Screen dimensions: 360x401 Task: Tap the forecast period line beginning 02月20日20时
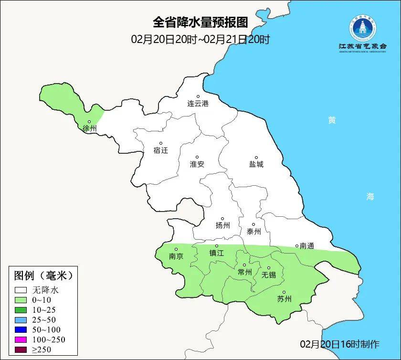point(200,39)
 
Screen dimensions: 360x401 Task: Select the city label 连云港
point(198,103)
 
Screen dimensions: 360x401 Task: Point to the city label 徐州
point(89,128)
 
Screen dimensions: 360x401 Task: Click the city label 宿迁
point(161,150)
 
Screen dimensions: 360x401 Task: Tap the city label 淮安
point(197,164)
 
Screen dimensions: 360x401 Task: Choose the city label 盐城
point(256,164)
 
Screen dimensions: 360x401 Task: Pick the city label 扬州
point(222,225)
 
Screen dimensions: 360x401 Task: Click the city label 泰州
point(254,232)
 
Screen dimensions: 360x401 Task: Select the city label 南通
point(306,246)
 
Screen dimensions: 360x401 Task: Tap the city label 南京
point(176,256)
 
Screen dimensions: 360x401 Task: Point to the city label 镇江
point(217,253)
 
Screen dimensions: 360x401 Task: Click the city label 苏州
point(284,299)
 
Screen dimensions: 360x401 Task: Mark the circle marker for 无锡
point(269,268)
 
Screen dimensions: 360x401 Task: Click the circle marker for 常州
point(244,265)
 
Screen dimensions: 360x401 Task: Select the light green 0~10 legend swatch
point(21,300)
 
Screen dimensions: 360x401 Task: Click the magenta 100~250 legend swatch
point(21,339)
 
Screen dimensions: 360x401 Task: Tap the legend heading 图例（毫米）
point(43,275)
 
